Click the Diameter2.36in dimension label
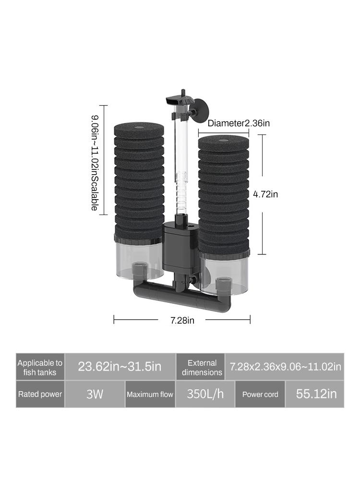(x=239, y=123)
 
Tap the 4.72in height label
(x=265, y=194)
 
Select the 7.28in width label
(x=182, y=320)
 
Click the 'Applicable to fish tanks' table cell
(x=40, y=367)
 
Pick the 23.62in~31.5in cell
(x=120, y=367)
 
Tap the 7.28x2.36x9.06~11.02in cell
(x=285, y=367)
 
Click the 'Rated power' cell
(x=40, y=394)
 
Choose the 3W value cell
(x=95, y=394)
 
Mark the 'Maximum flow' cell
(x=150, y=394)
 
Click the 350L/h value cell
(x=205, y=394)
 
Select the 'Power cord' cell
(x=260, y=394)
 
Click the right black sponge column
(x=224, y=192)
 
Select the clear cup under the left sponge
(x=139, y=262)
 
